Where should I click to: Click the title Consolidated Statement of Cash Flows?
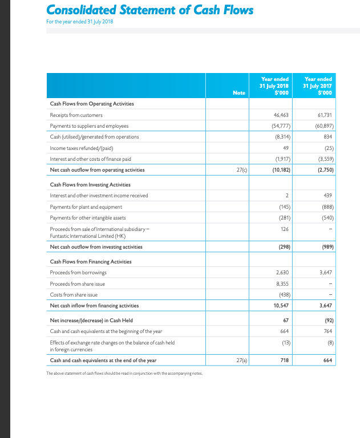point(149,11)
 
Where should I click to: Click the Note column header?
point(240,93)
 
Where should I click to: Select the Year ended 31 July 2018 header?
point(274,86)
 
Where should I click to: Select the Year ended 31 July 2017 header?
point(318,86)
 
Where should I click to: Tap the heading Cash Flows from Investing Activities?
point(90,185)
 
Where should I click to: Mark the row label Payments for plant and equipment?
point(86,206)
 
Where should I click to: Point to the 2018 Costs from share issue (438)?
point(283,294)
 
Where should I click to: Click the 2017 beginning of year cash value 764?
point(328,331)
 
